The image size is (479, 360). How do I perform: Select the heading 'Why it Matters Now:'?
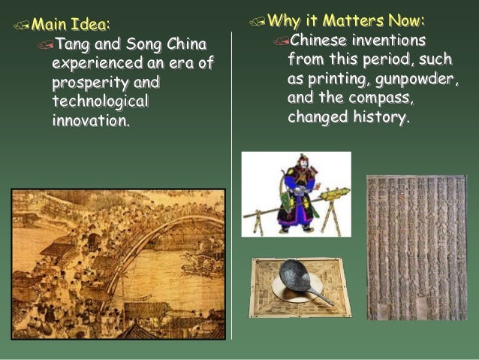click(345, 20)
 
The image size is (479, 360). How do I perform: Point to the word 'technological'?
click(101, 101)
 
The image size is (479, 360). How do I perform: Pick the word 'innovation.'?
click(91, 119)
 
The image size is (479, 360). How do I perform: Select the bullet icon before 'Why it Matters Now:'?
click(257, 21)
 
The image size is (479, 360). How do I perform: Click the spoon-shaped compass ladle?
click(300, 279)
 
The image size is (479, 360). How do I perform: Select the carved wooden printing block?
click(416, 247)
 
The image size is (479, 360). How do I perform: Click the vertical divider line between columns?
click(231, 188)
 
